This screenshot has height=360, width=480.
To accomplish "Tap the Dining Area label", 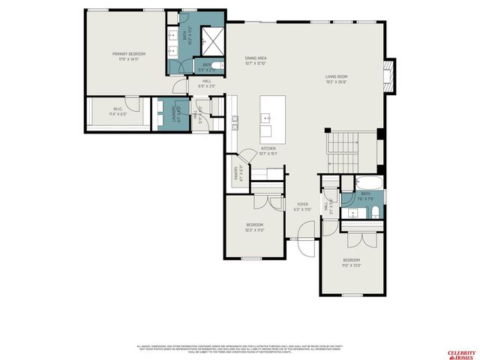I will pyautogui.click(x=256, y=60).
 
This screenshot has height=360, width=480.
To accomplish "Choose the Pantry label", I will pyautogui.click(x=237, y=175).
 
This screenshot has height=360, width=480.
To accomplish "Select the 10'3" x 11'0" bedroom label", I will pyautogui.click(x=255, y=227).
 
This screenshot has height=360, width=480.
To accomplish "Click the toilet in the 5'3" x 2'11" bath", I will pyautogui.click(x=215, y=65).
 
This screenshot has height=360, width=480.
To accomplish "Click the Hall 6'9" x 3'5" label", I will pyautogui.click(x=205, y=83).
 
